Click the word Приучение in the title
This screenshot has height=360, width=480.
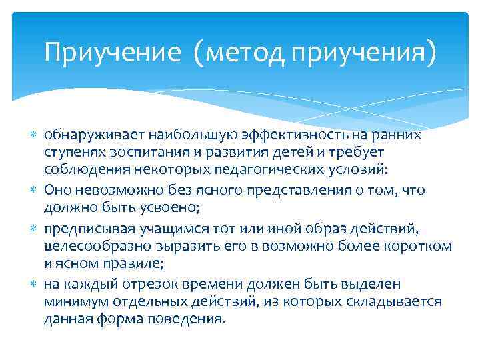point(112,53)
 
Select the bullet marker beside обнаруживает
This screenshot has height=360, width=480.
point(35,136)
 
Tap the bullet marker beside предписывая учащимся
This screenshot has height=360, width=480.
point(35,229)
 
